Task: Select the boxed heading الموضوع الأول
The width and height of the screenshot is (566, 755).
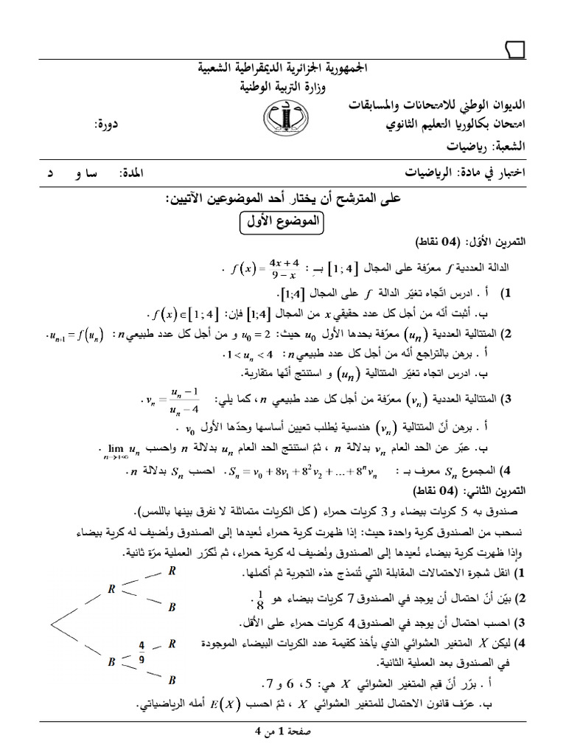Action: click(x=284, y=222)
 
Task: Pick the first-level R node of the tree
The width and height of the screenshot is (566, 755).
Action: click(x=111, y=588)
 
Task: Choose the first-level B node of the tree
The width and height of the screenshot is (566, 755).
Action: click(x=111, y=661)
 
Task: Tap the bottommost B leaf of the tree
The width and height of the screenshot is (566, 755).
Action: click(x=172, y=679)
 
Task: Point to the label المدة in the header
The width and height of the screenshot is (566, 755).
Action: click(x=133, y=173)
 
